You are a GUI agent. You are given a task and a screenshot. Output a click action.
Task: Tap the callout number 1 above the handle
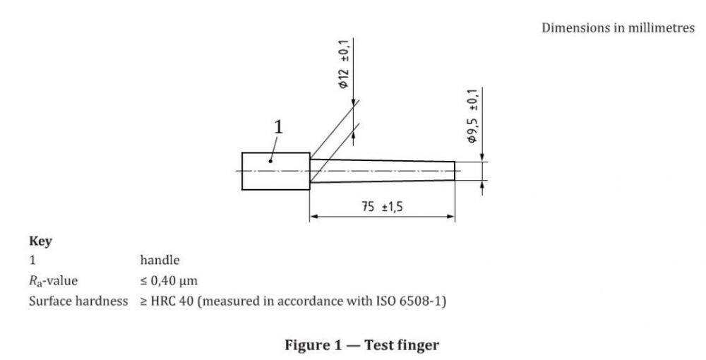click(x=278, y=127)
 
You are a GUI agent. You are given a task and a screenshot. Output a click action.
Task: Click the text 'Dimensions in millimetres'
click(x=618, y=28)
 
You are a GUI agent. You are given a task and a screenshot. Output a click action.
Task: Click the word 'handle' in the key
click(x=160, y=260)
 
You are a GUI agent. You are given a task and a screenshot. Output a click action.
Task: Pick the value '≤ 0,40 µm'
click(x=168, y=281)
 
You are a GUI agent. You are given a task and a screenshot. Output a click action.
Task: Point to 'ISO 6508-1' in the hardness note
click(x=417, y=301)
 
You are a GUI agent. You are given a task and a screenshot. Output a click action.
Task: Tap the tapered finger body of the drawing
click(x=381, y=172)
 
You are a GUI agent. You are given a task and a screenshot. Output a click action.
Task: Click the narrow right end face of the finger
click(x=455, y=172)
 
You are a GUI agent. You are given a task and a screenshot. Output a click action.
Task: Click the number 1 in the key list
click(x=31, y=260)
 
